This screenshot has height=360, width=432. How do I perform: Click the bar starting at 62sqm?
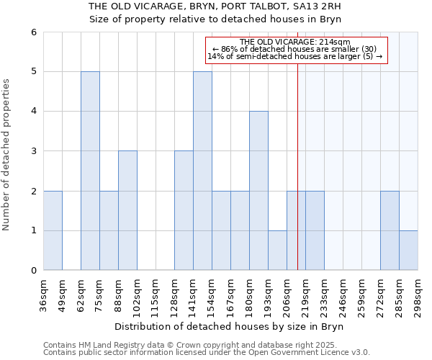tap(90, 171)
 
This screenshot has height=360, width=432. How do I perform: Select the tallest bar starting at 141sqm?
tap(202, 171)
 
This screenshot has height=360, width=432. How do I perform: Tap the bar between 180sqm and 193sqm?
tap(258, 191)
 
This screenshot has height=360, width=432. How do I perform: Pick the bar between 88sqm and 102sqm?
tap(127, 210)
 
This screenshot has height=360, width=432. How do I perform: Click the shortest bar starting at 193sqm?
tap(277, 251)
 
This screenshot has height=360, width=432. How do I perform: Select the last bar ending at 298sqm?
tap(408, 251)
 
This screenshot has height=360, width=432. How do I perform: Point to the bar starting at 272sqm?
tap(390, 230)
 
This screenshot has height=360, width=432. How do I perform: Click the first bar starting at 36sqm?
tap(53, 230)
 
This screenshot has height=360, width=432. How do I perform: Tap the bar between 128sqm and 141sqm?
tap(184, 210)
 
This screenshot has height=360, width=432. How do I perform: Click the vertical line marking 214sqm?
tap(297, 158)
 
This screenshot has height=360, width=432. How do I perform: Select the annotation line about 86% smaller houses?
tap(295, 49)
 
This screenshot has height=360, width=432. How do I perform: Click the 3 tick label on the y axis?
tap(33, 151)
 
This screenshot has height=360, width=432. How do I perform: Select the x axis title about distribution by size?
tap(230, 327)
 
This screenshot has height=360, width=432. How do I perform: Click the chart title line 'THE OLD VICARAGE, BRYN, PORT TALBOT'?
tap(215, 6)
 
